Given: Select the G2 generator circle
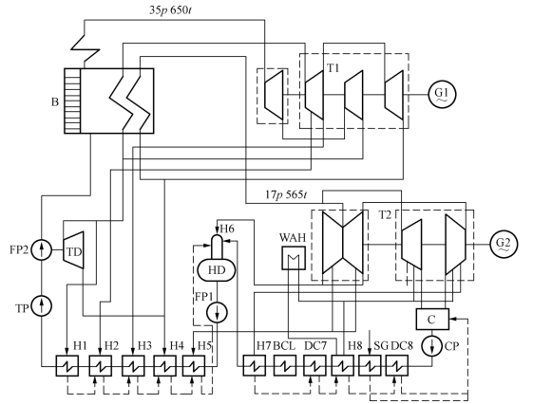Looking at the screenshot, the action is (504, 245).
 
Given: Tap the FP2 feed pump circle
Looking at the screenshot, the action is (42, 250).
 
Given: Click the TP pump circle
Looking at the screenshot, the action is (42, 306).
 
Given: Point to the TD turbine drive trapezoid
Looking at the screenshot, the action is (73, 250).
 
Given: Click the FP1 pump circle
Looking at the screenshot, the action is (217, 312).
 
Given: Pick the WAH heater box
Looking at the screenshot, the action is (294, 258).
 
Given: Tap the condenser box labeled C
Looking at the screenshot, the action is (432, 319).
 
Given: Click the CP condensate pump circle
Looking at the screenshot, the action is (432, 346).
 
